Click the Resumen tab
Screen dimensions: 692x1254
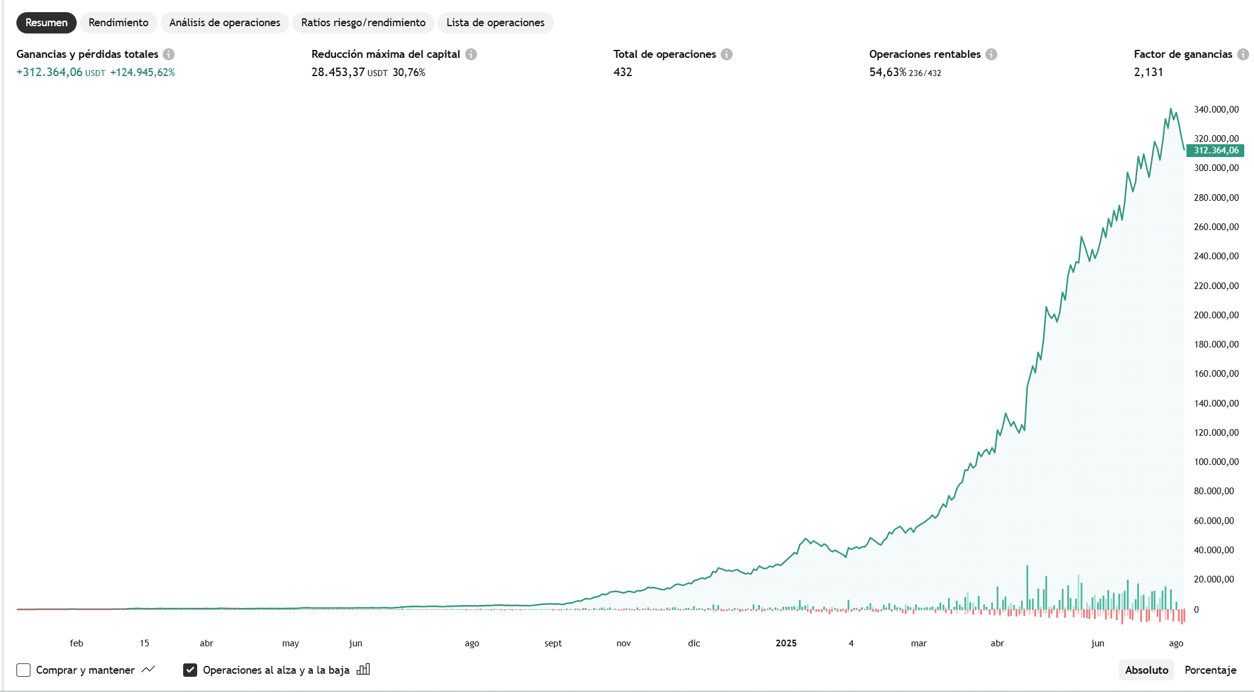click(x=46, y=23)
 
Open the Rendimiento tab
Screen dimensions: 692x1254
click(x=118, y=23)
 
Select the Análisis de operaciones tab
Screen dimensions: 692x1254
click(x=225, y=23)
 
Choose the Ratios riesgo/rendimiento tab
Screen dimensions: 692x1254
click(x=363, y=23)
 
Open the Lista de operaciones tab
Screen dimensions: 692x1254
click(x=495, y=23)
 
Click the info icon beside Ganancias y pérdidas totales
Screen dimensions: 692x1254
click(x=169, y=54)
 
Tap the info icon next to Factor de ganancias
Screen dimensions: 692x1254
click(x=1243, y=54)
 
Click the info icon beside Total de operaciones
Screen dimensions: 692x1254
click(x=726, y=54)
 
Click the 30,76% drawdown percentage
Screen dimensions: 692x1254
click(x=409, y=72)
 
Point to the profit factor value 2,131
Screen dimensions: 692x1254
click(x=1148, y=72)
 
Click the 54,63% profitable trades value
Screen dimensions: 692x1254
click(x=888, y=72)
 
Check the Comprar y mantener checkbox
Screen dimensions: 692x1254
click(x=24, y=670)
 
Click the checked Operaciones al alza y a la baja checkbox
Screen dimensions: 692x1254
click(x=190, y=670)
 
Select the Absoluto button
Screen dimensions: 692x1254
click(x=1146, y=670)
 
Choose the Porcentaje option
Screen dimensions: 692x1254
click(x=1210, y=670)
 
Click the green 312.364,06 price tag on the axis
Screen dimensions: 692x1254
click(x=1216, y=150)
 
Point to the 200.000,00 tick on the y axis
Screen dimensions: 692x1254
click(x=1216, y=315)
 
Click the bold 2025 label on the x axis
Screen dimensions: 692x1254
click(x=786, y=643)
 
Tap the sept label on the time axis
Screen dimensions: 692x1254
click(x=553, y=643)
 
